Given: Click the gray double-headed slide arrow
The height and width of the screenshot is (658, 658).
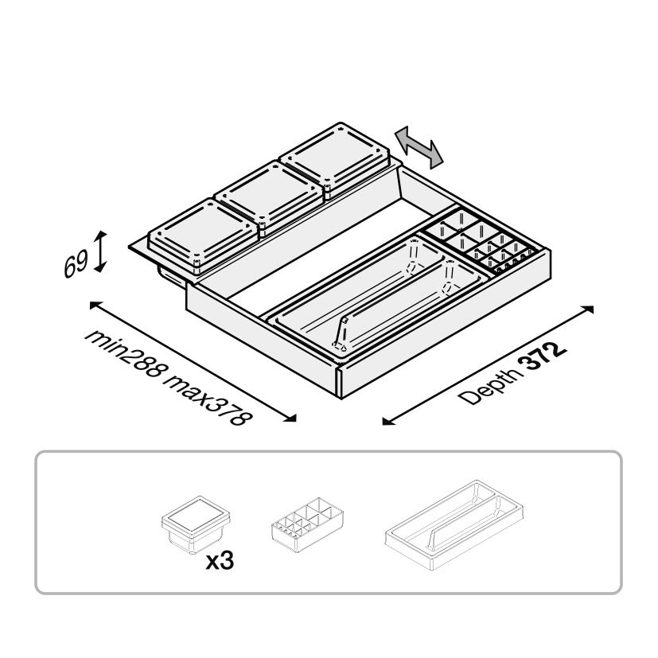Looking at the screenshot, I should (x=420, y=147).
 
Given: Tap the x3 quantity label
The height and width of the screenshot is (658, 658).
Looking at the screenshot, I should (x=219, y=561).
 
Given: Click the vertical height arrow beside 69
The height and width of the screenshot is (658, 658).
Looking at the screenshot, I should (x=100, y=251).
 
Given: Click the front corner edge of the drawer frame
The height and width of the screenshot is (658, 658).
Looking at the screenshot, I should (x=341, y=382).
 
